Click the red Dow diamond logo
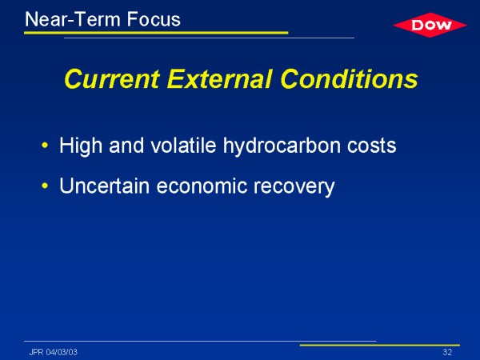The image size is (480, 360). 430,25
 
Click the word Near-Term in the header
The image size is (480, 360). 73,19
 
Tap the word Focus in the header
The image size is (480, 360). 154,19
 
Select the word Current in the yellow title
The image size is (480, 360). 112,79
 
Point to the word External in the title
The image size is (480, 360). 219,78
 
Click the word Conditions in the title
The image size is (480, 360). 349,78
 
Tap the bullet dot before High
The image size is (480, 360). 45,145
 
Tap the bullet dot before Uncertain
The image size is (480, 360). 45,186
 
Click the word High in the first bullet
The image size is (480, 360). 81,146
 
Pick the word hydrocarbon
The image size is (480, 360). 282,146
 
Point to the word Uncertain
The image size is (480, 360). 104,186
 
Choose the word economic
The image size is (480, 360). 202,186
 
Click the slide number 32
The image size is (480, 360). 447,352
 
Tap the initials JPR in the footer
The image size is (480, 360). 36,352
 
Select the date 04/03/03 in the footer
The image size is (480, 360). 62,352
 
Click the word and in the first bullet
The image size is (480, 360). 126,145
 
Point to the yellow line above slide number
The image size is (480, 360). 379,346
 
